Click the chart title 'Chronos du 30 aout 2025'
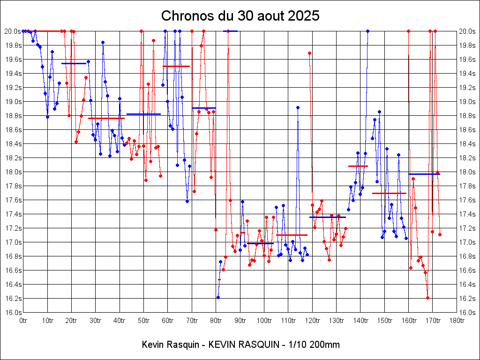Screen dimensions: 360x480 [x=240, y=16]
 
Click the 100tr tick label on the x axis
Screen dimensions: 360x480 [x=264, y=321]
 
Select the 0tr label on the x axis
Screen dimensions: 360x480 [x=23, y=321]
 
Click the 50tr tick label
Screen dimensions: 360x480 [x=143, y=321]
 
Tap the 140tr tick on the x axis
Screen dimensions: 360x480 [x=360, y=321]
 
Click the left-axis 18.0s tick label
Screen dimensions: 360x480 [x=12, y=172]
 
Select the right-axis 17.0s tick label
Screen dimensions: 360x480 [x=468, y=242]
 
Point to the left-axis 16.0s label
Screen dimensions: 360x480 [x=12, y=313]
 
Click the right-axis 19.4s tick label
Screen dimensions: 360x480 [x=468, y=74]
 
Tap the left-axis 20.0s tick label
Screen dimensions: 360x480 [x=12, y=31]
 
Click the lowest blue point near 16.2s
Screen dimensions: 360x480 [x=218, y=297]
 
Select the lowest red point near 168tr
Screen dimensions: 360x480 [x=427, y=298]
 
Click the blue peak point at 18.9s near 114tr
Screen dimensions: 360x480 [x=298, y=107]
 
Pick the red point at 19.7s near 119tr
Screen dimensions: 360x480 [x=309, y=53]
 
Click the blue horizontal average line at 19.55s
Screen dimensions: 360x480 [x=74, y=63]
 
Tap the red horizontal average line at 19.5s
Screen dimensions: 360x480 [x=176, y=67]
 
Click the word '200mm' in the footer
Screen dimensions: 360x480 [x=324, y=345]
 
